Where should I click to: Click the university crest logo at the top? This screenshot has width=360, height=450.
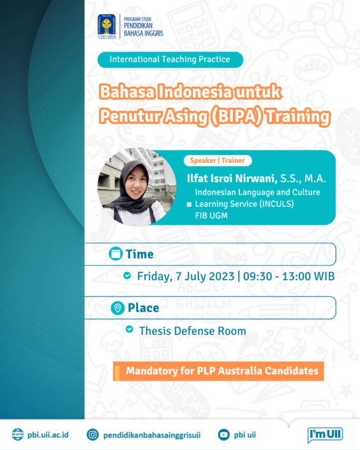tap(107, 27)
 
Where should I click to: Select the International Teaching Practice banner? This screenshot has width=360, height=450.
tap(170, 60)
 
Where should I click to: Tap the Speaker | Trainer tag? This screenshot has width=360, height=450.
tap(217, 161)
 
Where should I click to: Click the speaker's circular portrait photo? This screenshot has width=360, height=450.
tap(137, 186)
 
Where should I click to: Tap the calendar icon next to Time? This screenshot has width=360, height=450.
tap(116, 254)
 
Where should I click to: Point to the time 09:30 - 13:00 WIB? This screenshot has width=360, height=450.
tap(289, 276)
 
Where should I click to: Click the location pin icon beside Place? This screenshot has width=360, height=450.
tap(117, 308)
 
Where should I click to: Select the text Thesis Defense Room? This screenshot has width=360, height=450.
tap(192, 331)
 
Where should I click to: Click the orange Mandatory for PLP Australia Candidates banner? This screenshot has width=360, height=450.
tap(218, 371)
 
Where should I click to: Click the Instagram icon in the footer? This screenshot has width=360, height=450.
tap(93, 435)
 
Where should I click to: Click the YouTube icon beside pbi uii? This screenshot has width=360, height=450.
tap(223, 435)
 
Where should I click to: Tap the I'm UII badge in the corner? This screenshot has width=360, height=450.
tap(325, 434)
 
